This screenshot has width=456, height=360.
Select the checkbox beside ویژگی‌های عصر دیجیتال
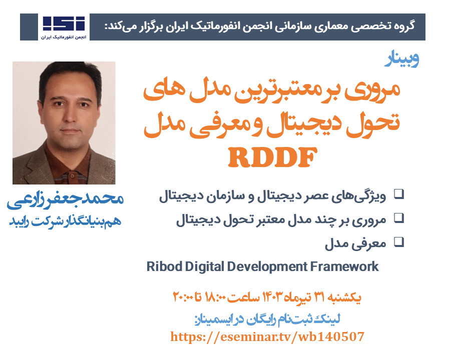click(399, 194)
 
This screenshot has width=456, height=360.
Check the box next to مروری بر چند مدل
click(399, 218)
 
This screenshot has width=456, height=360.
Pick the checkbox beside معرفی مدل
click(399, 242)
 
